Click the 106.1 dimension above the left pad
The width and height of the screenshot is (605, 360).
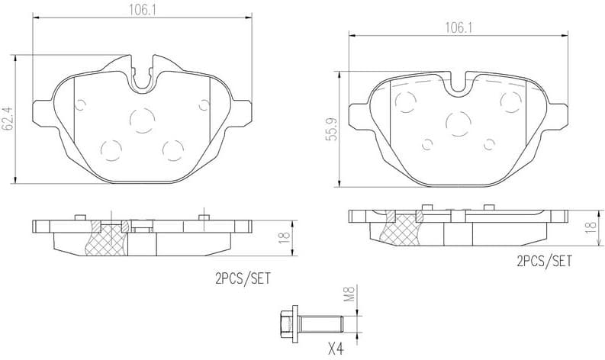142,9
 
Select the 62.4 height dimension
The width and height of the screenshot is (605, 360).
8,119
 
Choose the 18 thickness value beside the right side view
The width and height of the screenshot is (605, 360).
589,227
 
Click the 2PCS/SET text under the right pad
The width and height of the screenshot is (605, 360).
543,262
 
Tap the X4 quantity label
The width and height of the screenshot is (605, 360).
336,349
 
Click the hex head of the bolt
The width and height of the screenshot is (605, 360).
288,324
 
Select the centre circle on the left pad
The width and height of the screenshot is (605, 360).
141,118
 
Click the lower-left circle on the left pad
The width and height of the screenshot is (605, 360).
111,149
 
